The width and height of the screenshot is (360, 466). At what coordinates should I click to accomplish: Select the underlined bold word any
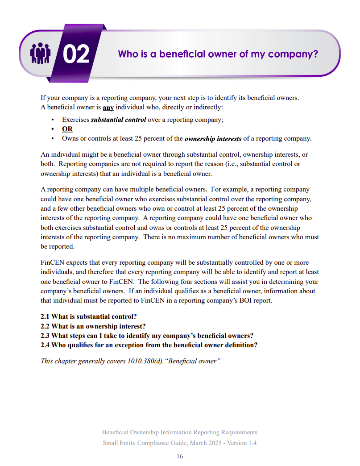click(x=108, y=108)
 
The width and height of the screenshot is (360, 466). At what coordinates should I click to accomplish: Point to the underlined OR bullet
click(x=67, y=129)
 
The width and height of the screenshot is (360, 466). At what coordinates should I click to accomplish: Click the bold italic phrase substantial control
click(x=119, y=120)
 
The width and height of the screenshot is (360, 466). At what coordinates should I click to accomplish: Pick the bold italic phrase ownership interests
click(x=213, y=138)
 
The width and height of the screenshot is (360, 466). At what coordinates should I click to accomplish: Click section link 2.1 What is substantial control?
click(x=89, y=316)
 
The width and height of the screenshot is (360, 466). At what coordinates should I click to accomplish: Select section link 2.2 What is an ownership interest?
click(x=93, y=326)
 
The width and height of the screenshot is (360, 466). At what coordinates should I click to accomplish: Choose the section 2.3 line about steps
click(x=147, y=335)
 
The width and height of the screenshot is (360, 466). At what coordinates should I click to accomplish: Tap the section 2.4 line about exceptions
click(x=149, y=345)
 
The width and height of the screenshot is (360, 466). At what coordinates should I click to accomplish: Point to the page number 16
click(x=180, y=456)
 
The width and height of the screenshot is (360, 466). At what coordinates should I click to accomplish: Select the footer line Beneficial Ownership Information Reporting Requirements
click(x=180, y=432)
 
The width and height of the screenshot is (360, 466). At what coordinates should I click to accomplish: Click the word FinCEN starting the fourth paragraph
click(x=53, y=262)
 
